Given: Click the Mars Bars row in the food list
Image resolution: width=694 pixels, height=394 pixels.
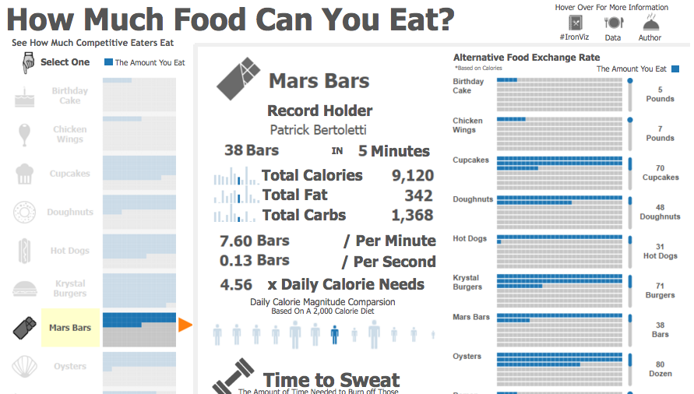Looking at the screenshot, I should click(70, 328).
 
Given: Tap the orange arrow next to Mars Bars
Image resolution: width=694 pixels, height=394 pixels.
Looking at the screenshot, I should click(185, 325).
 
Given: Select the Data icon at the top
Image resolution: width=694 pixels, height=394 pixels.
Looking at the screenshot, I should click(613, 23).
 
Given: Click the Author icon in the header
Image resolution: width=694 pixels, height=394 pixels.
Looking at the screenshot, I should click(650, 23).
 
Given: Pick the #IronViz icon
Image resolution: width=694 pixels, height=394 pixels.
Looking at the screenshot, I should click(575, 23).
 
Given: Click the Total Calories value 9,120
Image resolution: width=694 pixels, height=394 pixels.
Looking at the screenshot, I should click(412, 176).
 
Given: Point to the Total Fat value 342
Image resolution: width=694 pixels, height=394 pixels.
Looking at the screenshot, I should click(418, 195).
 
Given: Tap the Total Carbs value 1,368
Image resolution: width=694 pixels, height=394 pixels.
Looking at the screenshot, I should click(412, 216).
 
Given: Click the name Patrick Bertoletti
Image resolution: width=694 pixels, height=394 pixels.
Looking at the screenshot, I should click(318, 130).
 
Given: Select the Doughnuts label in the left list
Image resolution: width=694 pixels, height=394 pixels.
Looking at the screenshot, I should click(70, 212).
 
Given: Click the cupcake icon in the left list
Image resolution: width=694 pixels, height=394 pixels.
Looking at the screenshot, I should click(25, 173).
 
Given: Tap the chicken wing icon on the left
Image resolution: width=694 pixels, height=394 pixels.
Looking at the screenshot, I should click(25, 134).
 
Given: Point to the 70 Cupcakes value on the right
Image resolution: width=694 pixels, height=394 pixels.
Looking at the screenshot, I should click(660, 173).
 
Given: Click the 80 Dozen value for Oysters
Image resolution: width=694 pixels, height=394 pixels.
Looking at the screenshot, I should click(660, 369).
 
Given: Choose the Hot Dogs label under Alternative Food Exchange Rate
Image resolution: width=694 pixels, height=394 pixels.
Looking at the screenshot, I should click(470, 238).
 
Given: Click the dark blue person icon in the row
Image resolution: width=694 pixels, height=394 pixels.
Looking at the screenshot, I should click(334, 335).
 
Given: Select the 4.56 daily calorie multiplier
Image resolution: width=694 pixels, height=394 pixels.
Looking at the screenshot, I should click(236, 285).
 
